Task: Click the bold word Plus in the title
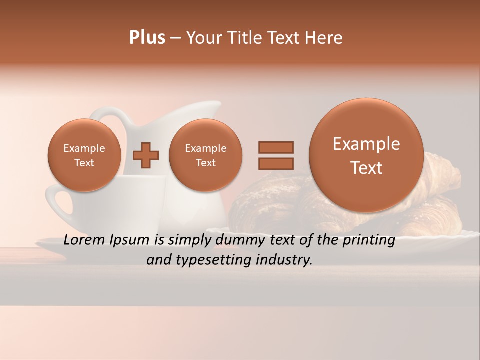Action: click(x=147, y=38)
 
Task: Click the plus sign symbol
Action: click(x=145, y=155)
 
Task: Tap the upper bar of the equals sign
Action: click(x=276, y=147)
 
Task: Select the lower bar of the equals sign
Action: click(x=276, y=163)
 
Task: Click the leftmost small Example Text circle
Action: click(x=84, y=155)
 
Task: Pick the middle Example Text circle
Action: click(x=206, y=155)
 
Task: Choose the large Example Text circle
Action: click(x=366, y=155)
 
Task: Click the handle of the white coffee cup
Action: click(x=56, y=203)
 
